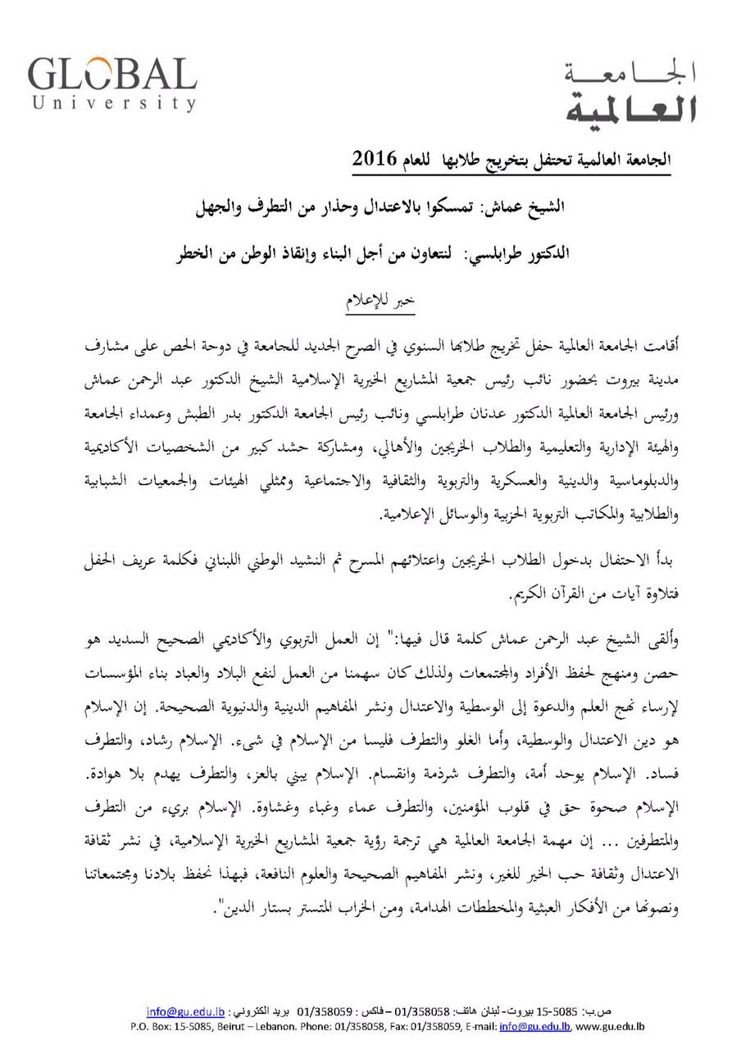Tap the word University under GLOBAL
coord(115,103)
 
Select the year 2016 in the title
coord(374,157)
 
